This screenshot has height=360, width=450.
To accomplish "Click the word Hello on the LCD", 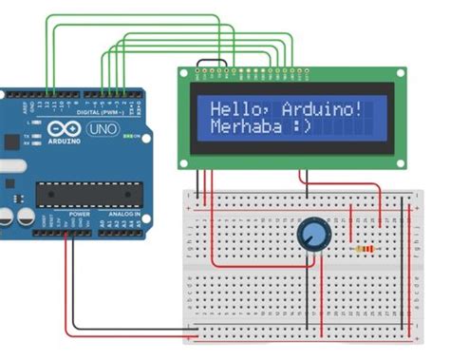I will point(233,107).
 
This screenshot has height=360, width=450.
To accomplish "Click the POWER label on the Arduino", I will point(80,215).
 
